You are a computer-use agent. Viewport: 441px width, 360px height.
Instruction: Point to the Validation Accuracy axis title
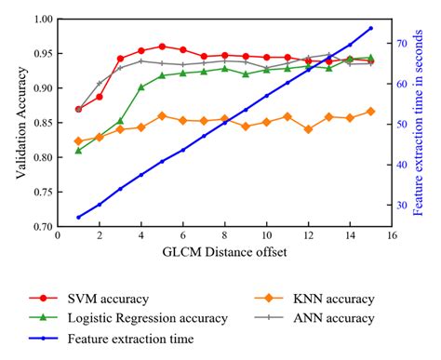tap(17, 122)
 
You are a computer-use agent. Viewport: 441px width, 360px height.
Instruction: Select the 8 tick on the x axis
tap(224, 236)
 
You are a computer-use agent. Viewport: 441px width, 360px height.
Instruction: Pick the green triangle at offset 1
tap(78, 150)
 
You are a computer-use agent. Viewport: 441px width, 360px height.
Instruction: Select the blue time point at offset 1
tap(78, 217)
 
